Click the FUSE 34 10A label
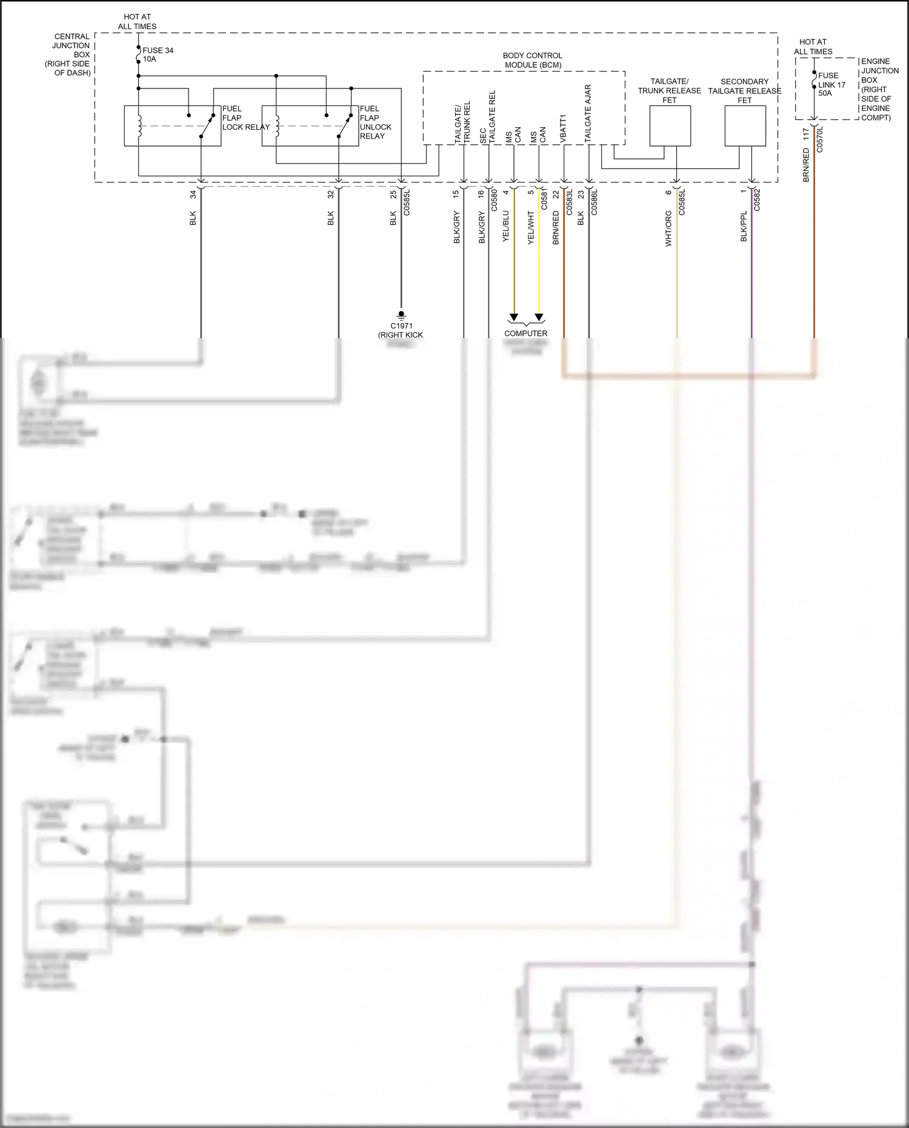click(158, 55)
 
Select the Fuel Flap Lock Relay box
click(172, 126)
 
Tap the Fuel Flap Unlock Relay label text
click(375, 122)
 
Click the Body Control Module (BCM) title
click(532, 60)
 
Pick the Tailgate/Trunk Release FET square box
click(670, 126)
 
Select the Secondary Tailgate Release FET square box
click(745, 126)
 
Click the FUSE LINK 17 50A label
click(831, 85)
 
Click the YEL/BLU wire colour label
click(506, 227)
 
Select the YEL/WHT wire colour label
click(531, 227)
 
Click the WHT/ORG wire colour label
click(668, 229)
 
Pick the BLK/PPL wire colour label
click(744, 227)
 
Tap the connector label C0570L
click(820, 139)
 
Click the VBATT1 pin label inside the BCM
click(563, 128)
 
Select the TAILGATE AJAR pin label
click(588, 114)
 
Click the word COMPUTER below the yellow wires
click(525, 333)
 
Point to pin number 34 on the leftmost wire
click(193, 195)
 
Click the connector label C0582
click(757, 199)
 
